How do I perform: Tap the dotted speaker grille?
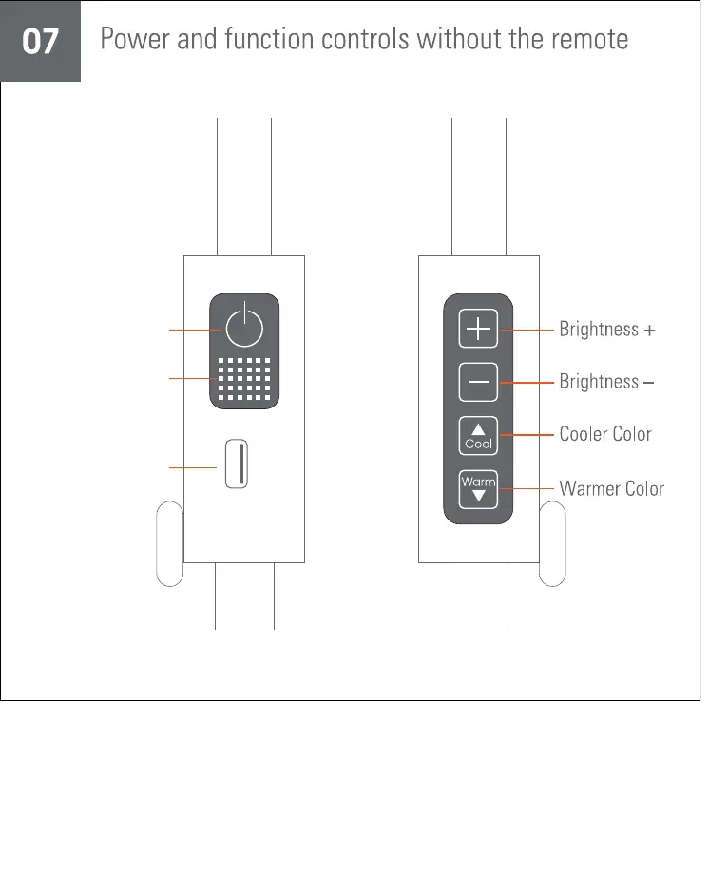tap(244, 379)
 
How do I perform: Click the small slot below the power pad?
tap(237, 464)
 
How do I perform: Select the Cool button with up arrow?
tap(478, 435)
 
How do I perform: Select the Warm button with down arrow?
tap(478, 488)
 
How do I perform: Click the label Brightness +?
tap(607, 330)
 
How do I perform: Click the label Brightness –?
tap(606, 382)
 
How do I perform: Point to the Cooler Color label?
tap(605, 434)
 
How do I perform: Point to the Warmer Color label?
tap(611, 489)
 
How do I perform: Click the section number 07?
tap(40, 42)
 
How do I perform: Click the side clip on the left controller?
tap(169, 542)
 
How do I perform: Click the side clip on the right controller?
tap(552, 542)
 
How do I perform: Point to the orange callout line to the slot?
tap(193, 467)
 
